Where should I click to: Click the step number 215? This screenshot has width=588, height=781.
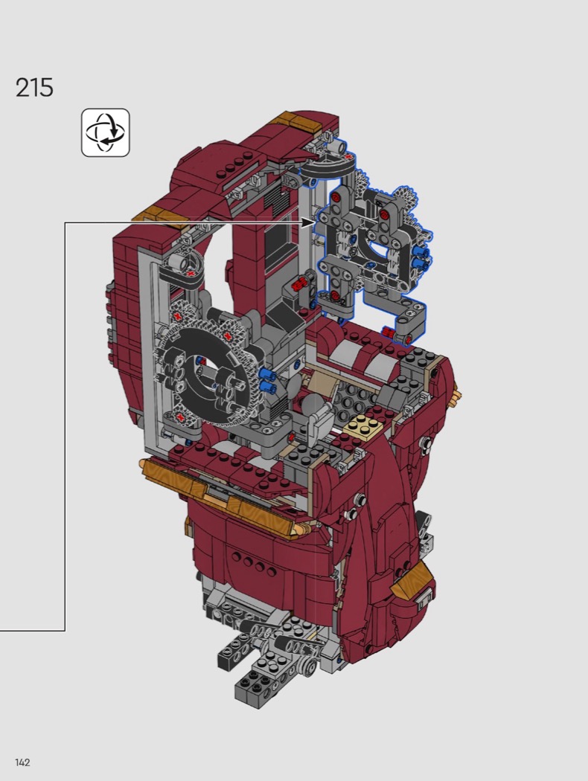tap(34, 88)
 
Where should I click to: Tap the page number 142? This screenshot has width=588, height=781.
tap(23, 762)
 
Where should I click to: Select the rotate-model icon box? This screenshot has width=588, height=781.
tap(106, 132)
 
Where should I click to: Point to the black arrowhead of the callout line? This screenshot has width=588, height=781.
tap(308, 222)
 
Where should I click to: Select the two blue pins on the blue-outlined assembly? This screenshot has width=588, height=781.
tap(421, 255)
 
